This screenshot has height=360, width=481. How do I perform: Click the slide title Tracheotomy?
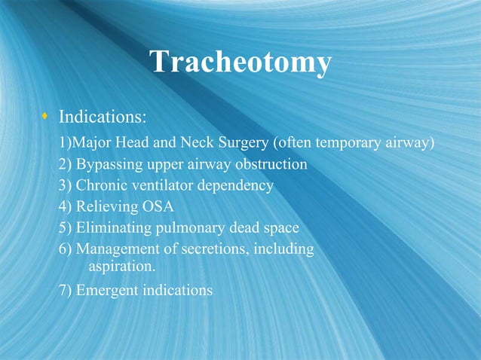[240, 62]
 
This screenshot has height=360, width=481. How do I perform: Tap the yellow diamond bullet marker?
[45, 117]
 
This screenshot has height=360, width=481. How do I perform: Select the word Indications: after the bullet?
[103, 118]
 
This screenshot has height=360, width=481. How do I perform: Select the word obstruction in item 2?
[271, 163]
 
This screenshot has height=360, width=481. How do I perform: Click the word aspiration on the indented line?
[123, 267]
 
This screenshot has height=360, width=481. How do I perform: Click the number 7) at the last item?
[66, 290]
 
